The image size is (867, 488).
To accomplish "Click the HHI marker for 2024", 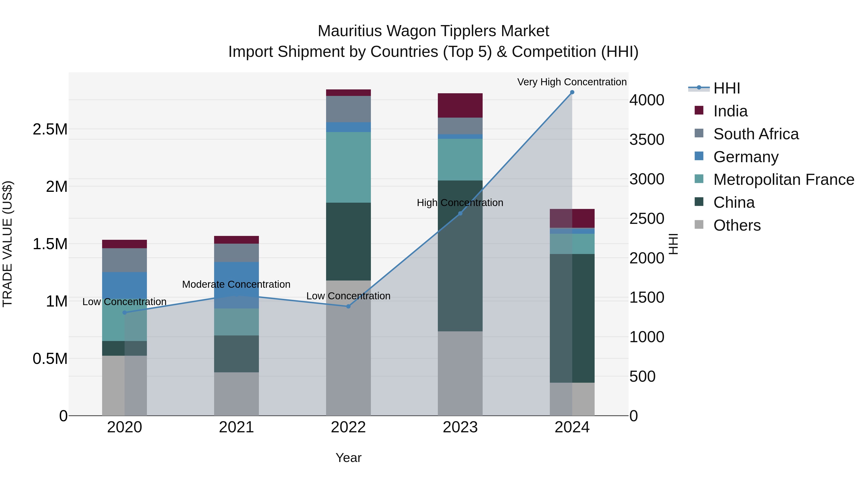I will click(572, 92).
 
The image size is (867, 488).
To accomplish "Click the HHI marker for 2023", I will click(460, 214).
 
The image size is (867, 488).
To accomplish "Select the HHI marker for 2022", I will click(348, 307).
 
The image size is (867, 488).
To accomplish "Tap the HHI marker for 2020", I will click(125, 313).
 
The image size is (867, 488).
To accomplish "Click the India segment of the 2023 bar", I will click(460, 105).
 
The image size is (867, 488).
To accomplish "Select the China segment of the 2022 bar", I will click(348, 241).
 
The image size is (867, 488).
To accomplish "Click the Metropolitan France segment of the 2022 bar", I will click(348, 167).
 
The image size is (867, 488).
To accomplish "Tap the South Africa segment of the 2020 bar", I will click(125, 260).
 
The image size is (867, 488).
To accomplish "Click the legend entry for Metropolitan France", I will click(783, 180).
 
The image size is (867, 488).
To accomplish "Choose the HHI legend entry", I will click(726, 88).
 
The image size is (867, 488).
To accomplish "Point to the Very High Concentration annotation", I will click(571, 82).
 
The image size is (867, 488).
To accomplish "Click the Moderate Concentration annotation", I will click(236, 284).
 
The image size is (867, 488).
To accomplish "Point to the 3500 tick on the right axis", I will click(647, 140).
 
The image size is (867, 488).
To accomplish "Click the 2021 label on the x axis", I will click(236, 427).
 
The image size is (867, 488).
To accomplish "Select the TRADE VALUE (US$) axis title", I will click(7, 244).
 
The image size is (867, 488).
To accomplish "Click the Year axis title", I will click(348, 458).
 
